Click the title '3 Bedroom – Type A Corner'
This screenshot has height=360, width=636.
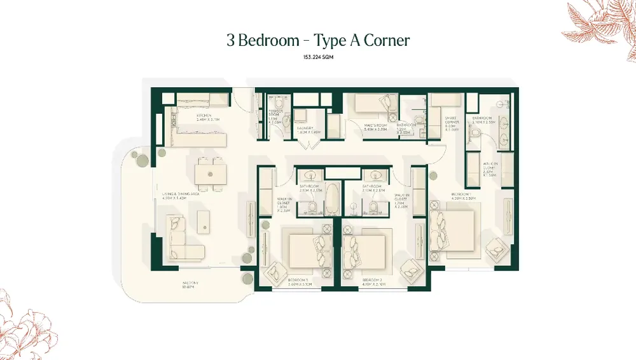pos(318,41)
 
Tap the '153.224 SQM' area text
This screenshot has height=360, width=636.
pos(318,58)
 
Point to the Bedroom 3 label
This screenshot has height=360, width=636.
pos(298,281)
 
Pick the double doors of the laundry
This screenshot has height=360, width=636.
pos(308,142)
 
